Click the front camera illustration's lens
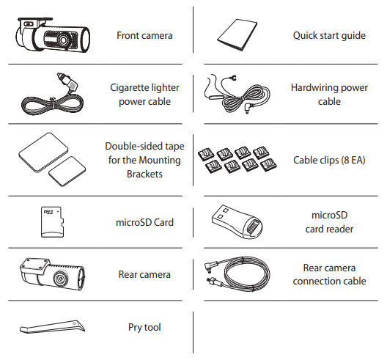click(63, 40)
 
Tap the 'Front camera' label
click(144, 35)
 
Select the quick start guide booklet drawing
click(237, 35)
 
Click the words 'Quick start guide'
click(329, 35)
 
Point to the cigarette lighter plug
click(67, 81)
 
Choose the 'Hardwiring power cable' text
click(329, 95)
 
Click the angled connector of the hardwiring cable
click(248, 107)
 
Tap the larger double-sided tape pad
click(43, 152)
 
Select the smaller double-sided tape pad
click(67, 171)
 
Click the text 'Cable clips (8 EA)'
click(329, 160)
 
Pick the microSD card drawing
click(52, 222)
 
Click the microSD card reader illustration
click(237, 221)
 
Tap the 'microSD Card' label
click(144, 222)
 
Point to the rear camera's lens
click(60, 279)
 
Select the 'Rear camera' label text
click(144, 274)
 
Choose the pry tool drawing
click(52, 327)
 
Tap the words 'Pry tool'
click(144, 328)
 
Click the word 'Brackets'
click(144, 174)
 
